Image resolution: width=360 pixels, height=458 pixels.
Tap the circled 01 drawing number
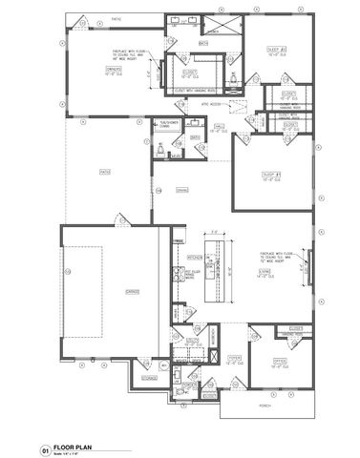pyautogui.click(x=43, y=446)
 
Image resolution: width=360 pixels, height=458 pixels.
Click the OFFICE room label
pyautogui.click(x=282, y=362)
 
